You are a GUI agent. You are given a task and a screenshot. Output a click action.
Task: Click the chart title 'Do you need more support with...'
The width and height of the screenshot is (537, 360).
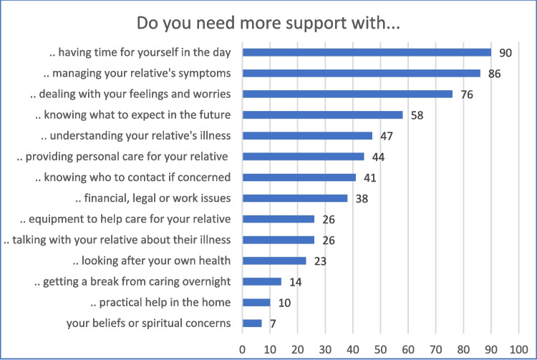coord(268,24)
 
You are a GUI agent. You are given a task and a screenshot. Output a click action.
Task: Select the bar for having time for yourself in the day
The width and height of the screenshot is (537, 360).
coord(367,52)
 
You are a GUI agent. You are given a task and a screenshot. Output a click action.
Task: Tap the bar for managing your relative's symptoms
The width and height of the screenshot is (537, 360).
coord(362,73)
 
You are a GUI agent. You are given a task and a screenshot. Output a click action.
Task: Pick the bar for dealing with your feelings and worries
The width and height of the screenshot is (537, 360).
coord(347,94)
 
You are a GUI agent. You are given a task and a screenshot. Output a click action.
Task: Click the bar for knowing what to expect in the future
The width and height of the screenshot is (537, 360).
coord(323,115)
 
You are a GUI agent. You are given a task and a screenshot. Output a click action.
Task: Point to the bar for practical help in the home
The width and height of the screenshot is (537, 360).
coord(256,303)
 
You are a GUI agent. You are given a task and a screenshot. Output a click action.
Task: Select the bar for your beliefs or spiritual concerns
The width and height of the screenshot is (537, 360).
coord(253,323)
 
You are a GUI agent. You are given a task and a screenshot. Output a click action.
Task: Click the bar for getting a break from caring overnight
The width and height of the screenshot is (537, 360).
coord(262,282)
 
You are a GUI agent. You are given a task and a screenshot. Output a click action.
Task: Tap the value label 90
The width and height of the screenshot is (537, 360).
coord(505,53)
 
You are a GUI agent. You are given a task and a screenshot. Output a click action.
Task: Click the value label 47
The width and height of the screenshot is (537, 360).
coord(387,136)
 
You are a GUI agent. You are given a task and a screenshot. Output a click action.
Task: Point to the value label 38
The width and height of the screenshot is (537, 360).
coord(362,199)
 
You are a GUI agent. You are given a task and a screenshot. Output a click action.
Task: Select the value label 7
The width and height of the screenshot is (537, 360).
coord(273,323)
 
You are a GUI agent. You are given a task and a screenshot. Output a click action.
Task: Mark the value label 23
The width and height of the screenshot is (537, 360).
coord(320,261)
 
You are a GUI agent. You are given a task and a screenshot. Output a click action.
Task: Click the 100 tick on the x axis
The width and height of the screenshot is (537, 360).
coord(518,349)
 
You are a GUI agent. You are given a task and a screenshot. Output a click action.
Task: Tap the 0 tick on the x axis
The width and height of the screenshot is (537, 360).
coord(243,349)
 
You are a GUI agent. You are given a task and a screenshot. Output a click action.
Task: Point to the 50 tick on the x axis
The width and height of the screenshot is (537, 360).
coord(380,349)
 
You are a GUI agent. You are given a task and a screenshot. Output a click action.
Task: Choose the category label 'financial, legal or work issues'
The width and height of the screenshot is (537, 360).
coord(153,198)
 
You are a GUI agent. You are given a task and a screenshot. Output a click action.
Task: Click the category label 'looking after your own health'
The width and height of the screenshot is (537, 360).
coord(151,261)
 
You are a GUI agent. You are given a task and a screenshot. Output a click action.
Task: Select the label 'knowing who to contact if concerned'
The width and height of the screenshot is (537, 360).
coord(133,177)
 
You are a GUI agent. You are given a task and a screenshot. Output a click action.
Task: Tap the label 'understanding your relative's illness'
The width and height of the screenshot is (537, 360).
coord(135,136)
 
